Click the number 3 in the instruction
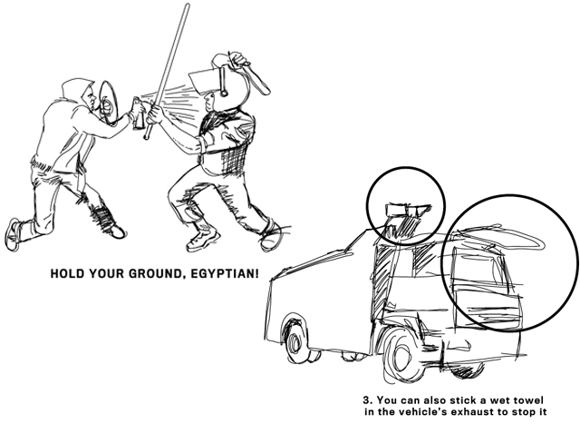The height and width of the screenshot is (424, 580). click(x=366, y=400)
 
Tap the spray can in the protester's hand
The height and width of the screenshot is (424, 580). click(x=139, y=113)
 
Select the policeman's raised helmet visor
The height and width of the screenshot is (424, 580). click(x=202, y=81)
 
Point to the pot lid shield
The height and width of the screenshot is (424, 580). click(x=108, y=102)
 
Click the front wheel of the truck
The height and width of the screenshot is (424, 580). click(x=399, y=357)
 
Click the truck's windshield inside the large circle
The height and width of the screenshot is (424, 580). click(x=481, y=268)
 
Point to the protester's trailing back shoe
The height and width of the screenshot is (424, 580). click(x=12, y=234)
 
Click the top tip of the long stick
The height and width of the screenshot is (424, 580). click(x=188, y=5)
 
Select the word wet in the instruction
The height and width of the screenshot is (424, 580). click(x=501, y=400)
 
